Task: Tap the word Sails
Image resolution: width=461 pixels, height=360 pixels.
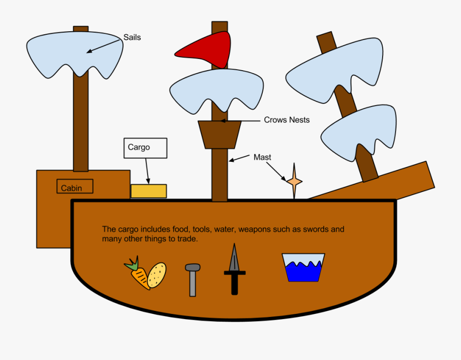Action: point(132,37)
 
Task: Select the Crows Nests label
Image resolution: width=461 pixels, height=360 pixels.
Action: point(287,120)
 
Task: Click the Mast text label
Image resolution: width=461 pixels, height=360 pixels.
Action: point(262,157)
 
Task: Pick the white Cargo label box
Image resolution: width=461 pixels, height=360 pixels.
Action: point(145,148)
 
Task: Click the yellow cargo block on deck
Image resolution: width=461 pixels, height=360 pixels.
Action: point(149,191)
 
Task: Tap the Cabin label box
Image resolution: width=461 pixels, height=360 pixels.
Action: point(75,186)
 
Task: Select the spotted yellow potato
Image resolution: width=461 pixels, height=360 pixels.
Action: point(157,275)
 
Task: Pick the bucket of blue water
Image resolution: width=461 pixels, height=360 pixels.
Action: point(303,268)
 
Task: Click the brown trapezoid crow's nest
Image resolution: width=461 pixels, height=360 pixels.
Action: point(220,135)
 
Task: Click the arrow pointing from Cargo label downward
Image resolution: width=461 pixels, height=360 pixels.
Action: point(148,172)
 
